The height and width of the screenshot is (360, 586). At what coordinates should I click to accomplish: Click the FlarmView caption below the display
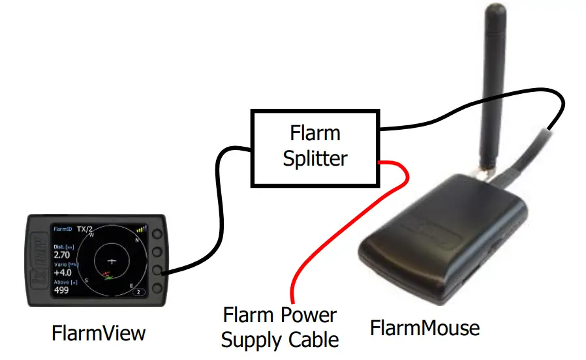click(99, 333)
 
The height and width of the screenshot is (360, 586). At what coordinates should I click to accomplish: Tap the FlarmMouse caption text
click(424, 327)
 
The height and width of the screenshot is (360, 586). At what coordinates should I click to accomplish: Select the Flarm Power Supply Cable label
click(280, 327)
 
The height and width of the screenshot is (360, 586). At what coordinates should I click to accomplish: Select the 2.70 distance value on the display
click(61, 254)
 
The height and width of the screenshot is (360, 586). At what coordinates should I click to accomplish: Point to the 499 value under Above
click(61, 290)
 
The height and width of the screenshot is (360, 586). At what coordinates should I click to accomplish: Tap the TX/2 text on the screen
click(85, 229)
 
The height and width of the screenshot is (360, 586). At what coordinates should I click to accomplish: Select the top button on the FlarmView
click(157, 233)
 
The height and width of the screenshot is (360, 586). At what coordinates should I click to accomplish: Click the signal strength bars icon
click(141, 230)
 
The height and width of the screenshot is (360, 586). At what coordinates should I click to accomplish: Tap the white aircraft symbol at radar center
click(111, 260)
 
